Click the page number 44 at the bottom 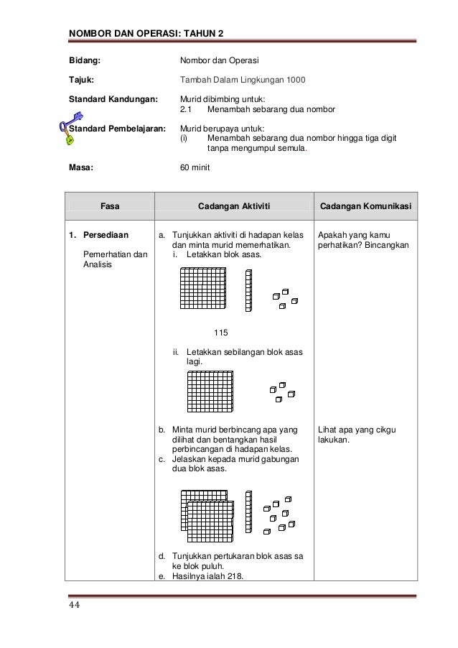74,605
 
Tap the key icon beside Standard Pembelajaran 70,128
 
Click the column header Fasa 110,206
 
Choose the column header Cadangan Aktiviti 233,206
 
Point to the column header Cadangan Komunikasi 365,206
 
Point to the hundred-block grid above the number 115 203,290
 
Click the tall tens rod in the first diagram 248,290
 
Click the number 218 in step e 233,575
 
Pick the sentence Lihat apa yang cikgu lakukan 356,435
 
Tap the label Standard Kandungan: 112,98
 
